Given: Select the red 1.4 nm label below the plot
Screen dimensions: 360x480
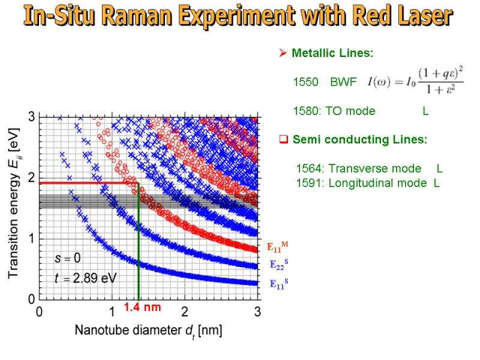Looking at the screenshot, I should [143, 307].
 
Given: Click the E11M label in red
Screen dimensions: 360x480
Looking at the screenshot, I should [277, 247].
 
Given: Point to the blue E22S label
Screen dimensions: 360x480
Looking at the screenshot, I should [278, 265].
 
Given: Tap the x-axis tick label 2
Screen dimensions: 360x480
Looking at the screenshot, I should [185, 312].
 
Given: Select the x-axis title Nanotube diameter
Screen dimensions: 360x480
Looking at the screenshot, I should [133, 331].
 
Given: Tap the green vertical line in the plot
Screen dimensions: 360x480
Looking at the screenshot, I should [139, 252].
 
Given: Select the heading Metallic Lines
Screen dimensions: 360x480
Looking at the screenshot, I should [332, 53].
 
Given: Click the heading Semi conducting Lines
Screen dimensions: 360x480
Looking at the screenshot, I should [359, 140].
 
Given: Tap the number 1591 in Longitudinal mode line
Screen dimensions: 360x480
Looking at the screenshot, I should [308, 183].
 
